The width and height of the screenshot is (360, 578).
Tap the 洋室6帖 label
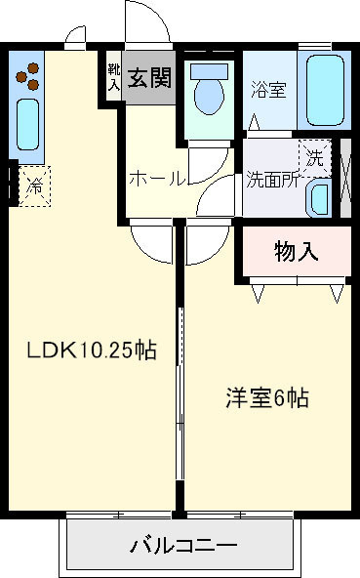pos(268,397)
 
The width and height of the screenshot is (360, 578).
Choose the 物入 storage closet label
pos(297,252)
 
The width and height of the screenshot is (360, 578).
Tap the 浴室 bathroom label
pos(268,90)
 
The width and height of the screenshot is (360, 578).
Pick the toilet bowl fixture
pos(208,94)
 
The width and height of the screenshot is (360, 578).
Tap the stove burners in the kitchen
pos(30,76)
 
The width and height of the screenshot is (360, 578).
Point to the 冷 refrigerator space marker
pos(36,182)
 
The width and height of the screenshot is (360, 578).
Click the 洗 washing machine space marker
pos(314,156)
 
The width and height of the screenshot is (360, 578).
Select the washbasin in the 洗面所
pos(318,198)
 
